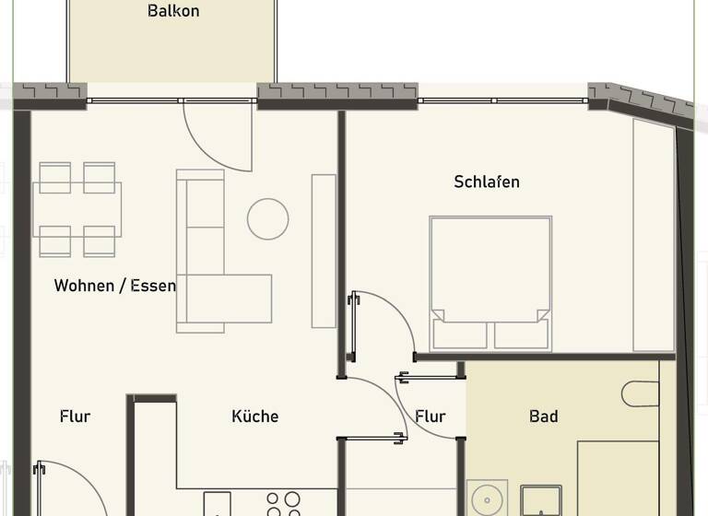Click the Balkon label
[173, 12]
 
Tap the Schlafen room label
[487, 182]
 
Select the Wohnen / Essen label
[114, 286]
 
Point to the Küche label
[254, 416]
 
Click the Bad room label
[544, 416]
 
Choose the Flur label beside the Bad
[431, 416]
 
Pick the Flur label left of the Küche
[75, 416]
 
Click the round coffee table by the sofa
[267, 219]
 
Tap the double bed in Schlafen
[490, 282]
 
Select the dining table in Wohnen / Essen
[77, 209]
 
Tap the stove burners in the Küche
[283, 502]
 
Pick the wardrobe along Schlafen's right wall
[654, 235]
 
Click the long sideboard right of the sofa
[324, 250]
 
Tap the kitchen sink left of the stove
[218, 504]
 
